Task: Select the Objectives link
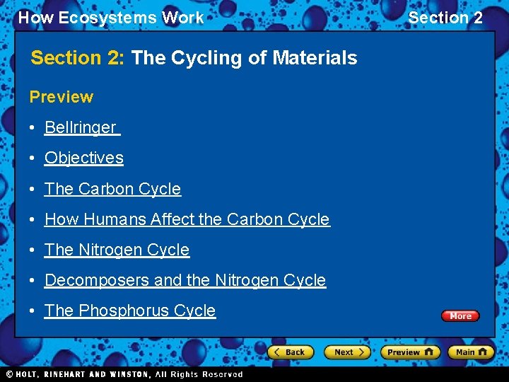click(84, 158)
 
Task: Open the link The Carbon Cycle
click(113, 190)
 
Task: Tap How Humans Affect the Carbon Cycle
click(187, 220)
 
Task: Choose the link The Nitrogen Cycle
click(117, 250)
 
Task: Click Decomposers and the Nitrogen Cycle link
click(185, 281)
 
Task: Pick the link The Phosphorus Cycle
click(130, 311)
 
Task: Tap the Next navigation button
click(346, 352)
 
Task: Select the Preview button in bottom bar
click(409, 352)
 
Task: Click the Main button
click(470, 352)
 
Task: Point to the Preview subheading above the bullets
click(62, 97)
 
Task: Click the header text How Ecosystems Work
click(111, 18)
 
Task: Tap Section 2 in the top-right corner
click(445, 18)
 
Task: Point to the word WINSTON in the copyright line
click(128, 374)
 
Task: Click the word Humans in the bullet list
click(113, 220)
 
